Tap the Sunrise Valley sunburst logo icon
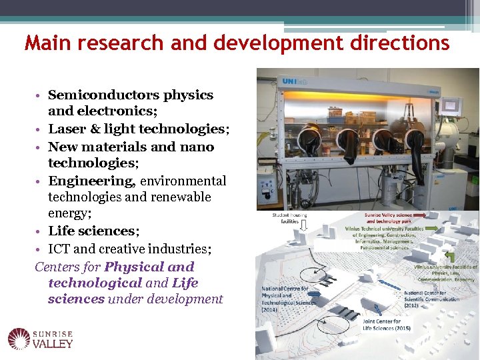click(20, 339)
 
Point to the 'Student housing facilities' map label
click(290, 219)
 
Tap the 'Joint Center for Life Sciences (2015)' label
click(387, 325)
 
